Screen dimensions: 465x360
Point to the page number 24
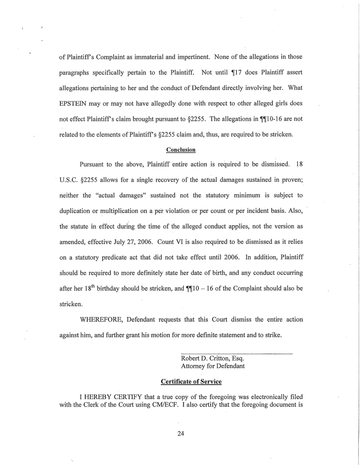[180, 433]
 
